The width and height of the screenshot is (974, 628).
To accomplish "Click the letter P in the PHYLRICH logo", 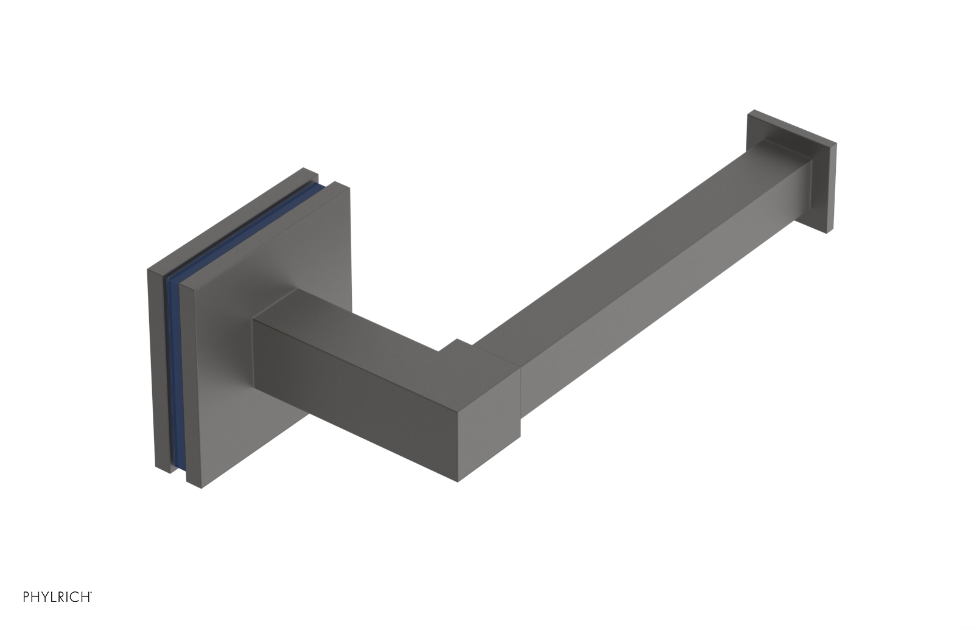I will click(26, 597).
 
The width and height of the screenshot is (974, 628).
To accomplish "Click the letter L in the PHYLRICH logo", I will click(51, 597).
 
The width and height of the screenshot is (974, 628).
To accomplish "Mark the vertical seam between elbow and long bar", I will click(522, 389).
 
